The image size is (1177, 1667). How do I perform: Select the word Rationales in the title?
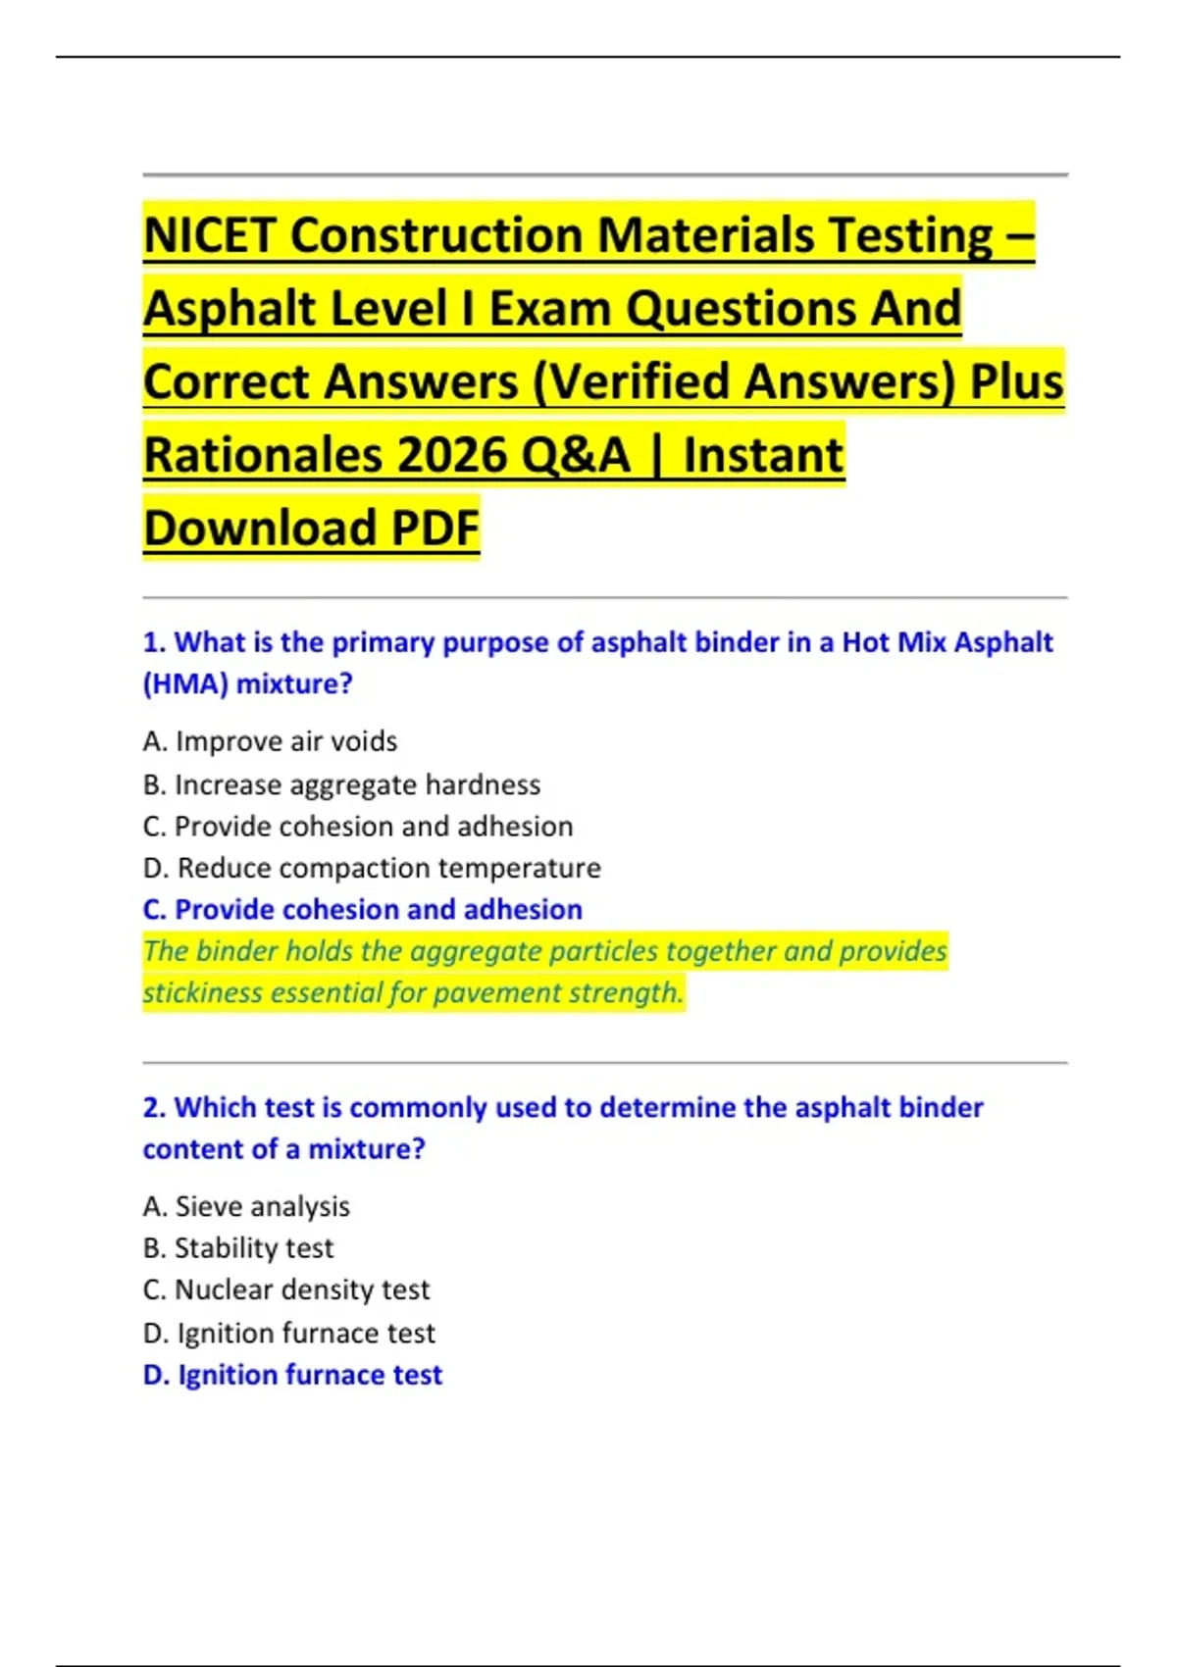pos(263,455)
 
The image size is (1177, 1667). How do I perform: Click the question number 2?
pos(153,1108)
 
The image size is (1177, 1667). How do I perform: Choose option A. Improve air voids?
pos(270,741)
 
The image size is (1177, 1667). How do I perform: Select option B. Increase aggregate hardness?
pos(341,784)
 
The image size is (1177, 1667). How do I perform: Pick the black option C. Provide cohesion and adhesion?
pos(358,827)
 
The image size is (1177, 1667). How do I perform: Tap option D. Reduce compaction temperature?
pos(372,868)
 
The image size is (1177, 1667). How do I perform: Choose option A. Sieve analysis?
pos(246,1206)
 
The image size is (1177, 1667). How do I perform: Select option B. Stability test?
pos(238,1248)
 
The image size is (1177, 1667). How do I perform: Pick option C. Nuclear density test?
pos(286,1289)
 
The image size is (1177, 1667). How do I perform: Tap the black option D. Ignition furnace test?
pos(289,1333)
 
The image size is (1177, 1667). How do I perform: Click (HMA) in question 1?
pos(185,683)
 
